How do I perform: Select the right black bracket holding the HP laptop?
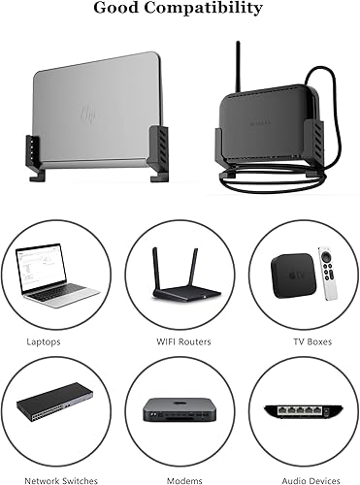[x=157, y=153]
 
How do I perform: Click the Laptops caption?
[x=45, y=341]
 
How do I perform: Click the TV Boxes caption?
[x=310, y=341]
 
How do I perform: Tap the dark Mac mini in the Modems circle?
[x=180, y=411]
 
